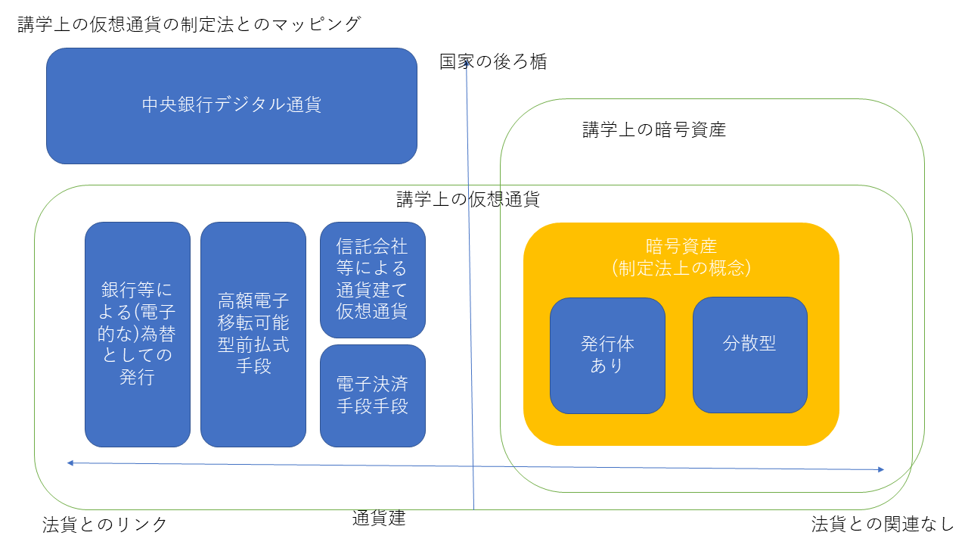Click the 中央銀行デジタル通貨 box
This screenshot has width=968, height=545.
coord(231,106)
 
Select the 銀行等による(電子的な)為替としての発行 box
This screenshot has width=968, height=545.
coord(137,334)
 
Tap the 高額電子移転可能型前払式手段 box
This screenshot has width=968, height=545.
coord(253,334)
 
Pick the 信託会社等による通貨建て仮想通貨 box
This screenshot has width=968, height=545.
coord(372,279)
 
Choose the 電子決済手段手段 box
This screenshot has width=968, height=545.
coord(372,395)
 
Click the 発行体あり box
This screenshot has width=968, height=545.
coord(607,355)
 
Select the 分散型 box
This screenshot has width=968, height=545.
coord(749,354)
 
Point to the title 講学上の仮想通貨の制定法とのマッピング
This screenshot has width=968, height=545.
coord(189,24)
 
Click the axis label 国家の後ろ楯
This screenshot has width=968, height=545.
coord(493,62)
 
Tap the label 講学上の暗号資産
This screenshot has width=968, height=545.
coord(653,130)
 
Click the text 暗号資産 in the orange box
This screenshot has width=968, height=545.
coord(681,246)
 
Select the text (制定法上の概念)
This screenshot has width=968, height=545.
coord(681,268)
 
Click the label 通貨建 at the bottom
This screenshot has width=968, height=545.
coord(379,519)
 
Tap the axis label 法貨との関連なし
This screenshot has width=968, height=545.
coord(883,524)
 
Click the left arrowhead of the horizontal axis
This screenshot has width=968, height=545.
coord(69,462)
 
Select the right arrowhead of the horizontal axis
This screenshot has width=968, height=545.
coord(882,469)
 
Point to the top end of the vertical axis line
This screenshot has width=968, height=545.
coord(467,67)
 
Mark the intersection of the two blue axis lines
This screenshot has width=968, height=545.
coord(473,466)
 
